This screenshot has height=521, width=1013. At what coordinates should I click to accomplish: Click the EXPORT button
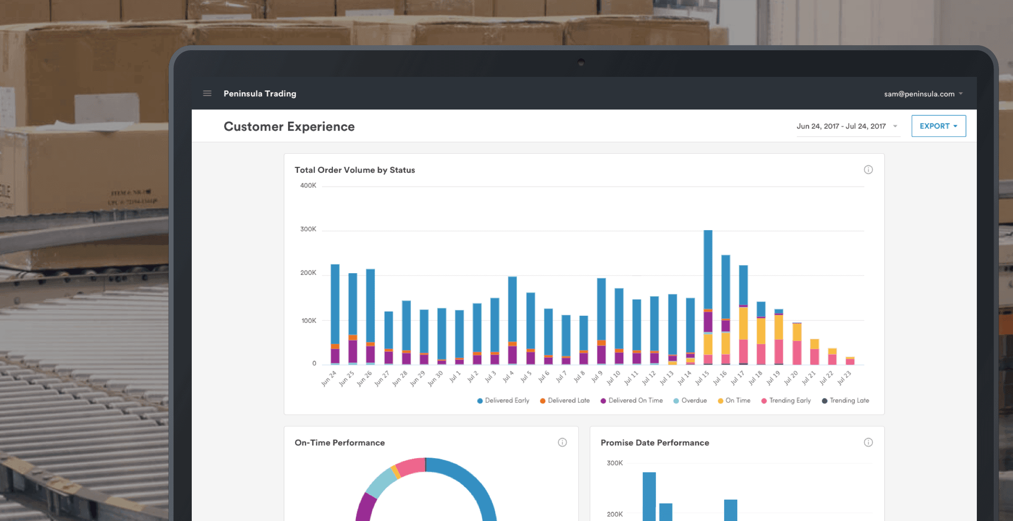point(938,126)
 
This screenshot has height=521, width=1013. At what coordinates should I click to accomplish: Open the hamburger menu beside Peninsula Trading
point(207,94)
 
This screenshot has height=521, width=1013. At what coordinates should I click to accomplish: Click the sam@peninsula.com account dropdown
point(923,94)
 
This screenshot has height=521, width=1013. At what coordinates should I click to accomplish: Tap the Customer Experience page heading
point(289,127)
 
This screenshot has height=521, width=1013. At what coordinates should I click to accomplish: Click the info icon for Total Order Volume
point(868,170)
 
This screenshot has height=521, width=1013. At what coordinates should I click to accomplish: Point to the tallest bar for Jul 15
point(708,271)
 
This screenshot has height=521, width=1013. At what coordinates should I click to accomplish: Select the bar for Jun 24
point(335,308)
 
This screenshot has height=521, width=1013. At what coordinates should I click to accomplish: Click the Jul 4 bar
point(512,312)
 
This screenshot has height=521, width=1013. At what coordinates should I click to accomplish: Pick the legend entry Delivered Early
point(503,401)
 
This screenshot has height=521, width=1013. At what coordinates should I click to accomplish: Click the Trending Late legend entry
point(845,401)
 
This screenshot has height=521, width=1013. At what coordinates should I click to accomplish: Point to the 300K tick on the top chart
point(308,229)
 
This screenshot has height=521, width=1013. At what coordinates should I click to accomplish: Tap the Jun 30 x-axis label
point(435,379)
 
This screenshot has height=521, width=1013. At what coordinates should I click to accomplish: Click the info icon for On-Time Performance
point(562,442)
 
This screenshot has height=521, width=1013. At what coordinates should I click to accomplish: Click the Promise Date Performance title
point(654,443)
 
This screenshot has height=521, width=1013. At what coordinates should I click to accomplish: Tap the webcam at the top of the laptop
point(581,62)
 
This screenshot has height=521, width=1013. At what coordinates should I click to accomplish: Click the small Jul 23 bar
point(850,361)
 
